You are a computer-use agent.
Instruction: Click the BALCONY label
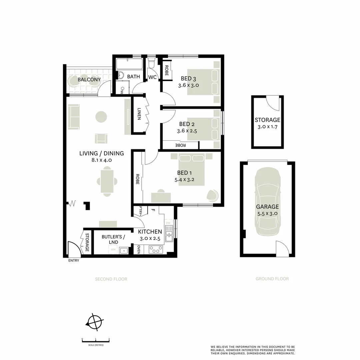click(x=89, y=80)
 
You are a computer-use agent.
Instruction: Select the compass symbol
click(x=95, y=323)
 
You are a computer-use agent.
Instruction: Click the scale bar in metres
click(x=96, y=341)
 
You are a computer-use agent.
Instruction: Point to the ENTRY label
click(x=74, y=260)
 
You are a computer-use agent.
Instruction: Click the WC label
click(x=152, y=77)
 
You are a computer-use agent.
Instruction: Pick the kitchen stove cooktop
click(x=156, y=249)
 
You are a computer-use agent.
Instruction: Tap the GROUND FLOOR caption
click(x=272, y=279)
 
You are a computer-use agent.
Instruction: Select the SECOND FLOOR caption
click(x=111, y=279)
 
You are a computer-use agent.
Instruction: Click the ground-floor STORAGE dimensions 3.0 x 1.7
click(x=267, y=127)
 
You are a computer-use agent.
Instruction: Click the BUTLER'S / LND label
click(x=113, y=239)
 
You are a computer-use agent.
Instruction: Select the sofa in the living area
click(x=74, y=116)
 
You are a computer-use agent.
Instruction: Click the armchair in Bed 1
click(x=213, y=195)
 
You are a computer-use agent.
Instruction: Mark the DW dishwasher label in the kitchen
click(x=168, y=223)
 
